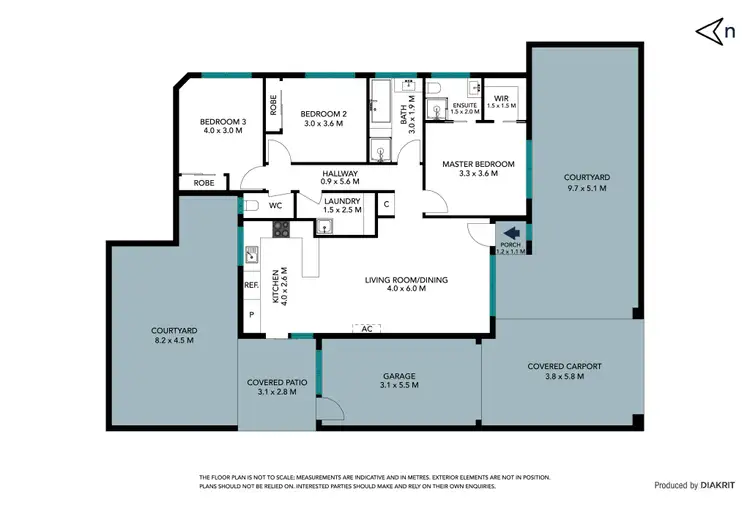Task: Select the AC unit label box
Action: [366, 327]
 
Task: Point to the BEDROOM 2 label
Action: [323, 114]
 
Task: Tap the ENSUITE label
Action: [465, 104]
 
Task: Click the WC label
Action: [274, 205]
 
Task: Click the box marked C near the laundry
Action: [386, 204]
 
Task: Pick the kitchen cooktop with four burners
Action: [281, 228]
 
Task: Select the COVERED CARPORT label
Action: [564, 366]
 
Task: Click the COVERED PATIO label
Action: [277, 382]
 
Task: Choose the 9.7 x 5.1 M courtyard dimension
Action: [587, 188]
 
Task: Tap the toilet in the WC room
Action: [252, 205]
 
